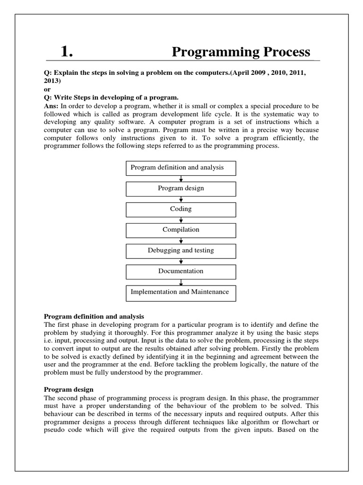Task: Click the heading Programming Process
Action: (241, 52)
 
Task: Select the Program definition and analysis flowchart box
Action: (181, 168)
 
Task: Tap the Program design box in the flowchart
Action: (181, 189)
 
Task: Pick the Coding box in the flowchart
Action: (181, 209)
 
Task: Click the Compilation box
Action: (181, 230)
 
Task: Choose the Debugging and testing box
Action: (181, 251)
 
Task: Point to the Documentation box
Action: (181, 272)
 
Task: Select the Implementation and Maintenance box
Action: (181, 293)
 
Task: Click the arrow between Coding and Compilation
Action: (181, 220)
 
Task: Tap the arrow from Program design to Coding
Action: (181, 199)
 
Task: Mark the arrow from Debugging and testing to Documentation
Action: (181, 261)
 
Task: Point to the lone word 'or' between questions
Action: (47, 89)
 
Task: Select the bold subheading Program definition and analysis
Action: (94, 316)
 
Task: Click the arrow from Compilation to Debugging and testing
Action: (181, 241)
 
